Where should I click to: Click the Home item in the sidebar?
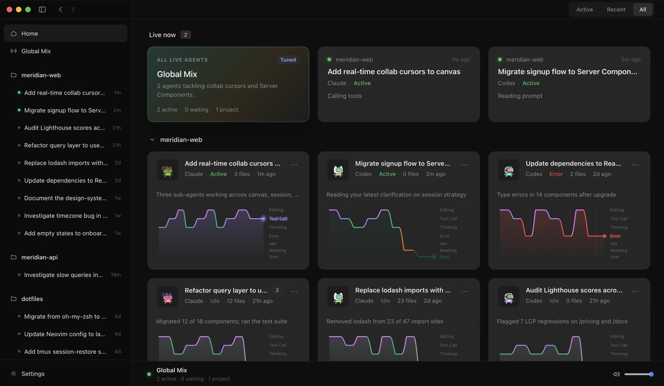point(65,33)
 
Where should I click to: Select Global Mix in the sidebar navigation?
point(36,51)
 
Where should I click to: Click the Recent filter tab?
point(616,10)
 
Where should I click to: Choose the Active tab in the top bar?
point(584,10)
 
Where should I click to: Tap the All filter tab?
point(643,10)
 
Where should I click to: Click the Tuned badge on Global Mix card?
point(288,60)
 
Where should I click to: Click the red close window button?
point(10,10)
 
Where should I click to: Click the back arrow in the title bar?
point(61,10)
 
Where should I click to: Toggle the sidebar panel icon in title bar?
point(42,10)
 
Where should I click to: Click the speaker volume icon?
point(616,374)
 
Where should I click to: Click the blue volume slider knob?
point(651,374)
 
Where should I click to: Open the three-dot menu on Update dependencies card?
point(635,165)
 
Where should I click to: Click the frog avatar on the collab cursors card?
point(167,170)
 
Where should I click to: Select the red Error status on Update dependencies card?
point(556,174)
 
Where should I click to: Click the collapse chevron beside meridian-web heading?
point(152,139)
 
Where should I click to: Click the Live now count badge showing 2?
point(186,35)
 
